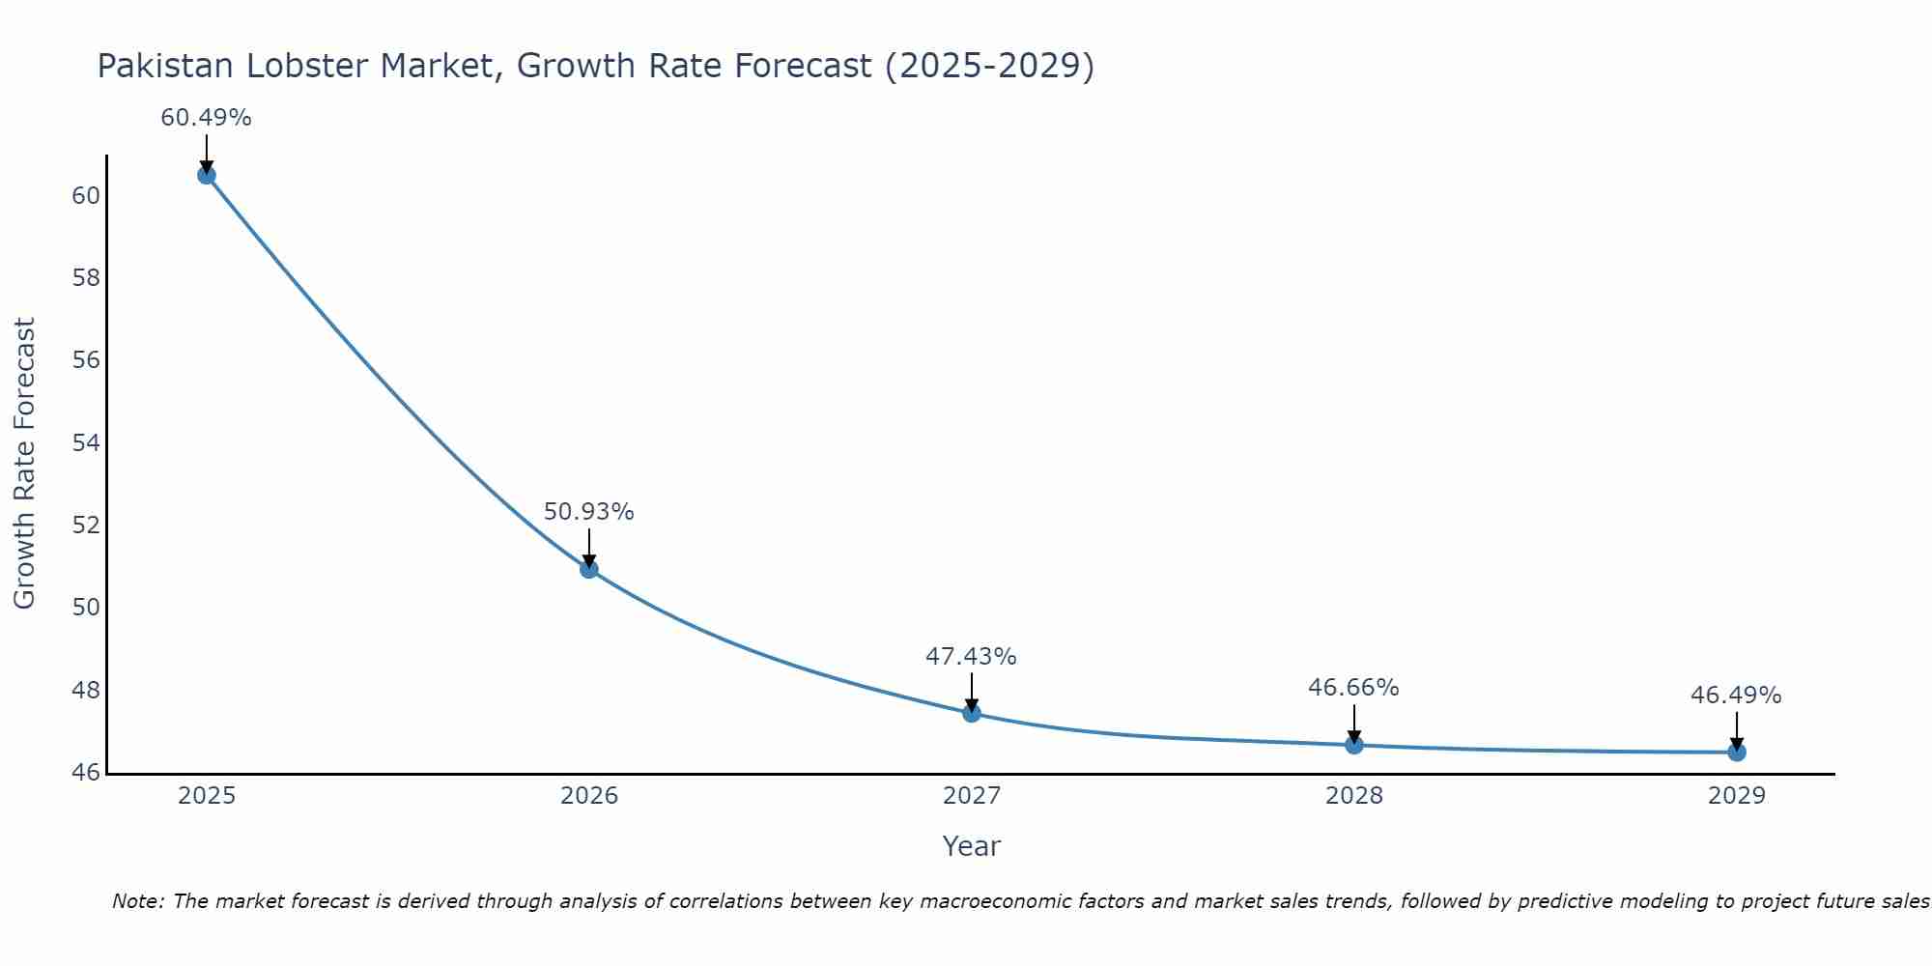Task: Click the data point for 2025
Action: (x=206, y=175)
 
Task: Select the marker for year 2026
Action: (x=588, y=569)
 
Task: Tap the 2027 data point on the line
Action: (x=971, y=713)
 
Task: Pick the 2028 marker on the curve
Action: (x=1353, y=745)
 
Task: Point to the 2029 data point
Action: (x=1736, y=752)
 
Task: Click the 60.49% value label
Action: (x=206, y=118)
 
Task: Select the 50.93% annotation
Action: (x=588, y=512)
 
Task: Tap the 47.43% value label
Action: (x=971, y=657)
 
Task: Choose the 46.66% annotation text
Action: (x=1353, y=688)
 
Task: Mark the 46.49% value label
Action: (x=1736, y=696)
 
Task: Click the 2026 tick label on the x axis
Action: (x=589, y=796)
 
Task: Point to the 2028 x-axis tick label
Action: (x=1353, y=796)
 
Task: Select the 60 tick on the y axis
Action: (x=86, y=196)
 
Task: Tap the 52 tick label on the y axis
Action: (x=86, y=526)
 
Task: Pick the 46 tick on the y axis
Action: (x=86, y=773)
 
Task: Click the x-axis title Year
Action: (x=971, y=846)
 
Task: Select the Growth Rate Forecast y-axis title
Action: (x=25, y=464)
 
